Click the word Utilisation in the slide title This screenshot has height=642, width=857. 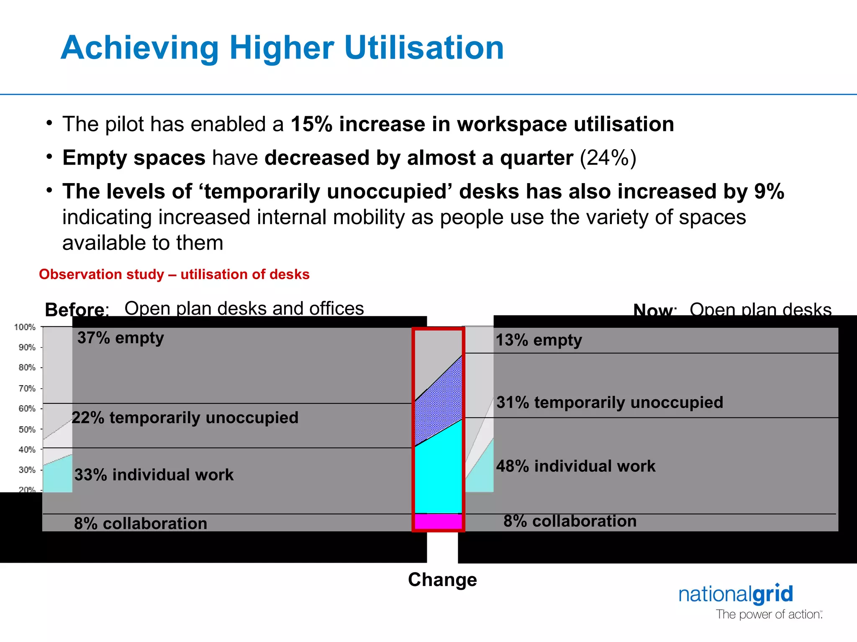[423, 48]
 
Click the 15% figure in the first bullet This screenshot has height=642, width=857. [311, 125]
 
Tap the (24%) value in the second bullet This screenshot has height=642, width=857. [608, 158]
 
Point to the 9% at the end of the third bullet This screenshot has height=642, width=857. [769, 191]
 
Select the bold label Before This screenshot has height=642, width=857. [74, 310]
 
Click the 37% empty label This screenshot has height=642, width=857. [121, 338]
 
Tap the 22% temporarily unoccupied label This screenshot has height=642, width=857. [185, 418]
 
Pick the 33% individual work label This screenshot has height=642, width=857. [154, 475]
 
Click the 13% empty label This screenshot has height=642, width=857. [539, 340]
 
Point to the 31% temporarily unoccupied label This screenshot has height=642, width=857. [609, 403]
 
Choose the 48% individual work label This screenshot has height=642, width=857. [575, 466]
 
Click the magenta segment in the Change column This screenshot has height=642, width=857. [438, 521]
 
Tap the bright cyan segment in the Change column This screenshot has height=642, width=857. [438, 476]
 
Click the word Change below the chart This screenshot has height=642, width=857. [442, 580]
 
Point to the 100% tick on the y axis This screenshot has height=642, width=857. [25, 327]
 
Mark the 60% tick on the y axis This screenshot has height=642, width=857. [27, 408]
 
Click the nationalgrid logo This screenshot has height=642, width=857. [735, 594]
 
